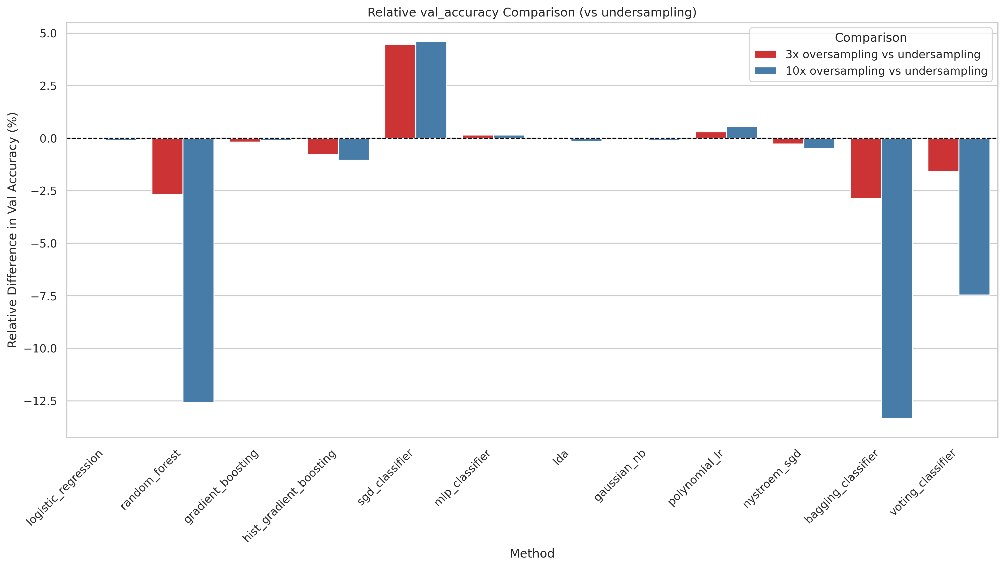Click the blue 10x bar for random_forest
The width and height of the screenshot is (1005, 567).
(198, 270)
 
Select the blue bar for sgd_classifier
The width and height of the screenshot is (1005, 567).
(431, 90)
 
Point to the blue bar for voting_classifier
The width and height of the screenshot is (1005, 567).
(974, 216)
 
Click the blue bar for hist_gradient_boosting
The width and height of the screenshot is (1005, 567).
(354, 149)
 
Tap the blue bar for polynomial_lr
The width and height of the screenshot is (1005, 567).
(742, 133)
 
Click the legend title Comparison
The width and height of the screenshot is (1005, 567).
(870, 38)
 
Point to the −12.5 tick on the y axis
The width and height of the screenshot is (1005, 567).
(40, 401)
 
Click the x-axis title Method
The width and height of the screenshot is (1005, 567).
(532, 553)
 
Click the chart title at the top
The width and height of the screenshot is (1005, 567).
(532, 13)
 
